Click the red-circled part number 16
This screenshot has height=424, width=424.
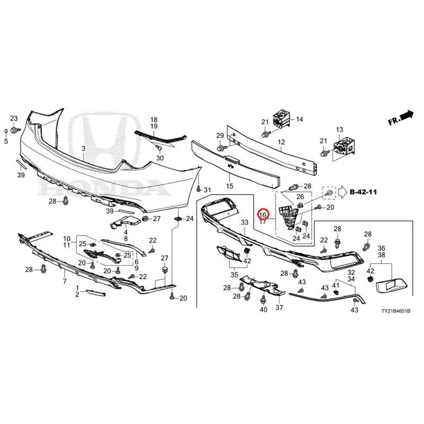[x=263, y=215]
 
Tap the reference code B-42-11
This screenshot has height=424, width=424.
[x=363, y=192]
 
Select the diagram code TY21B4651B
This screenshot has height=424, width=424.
[x=395, y=311]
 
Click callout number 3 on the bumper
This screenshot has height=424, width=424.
[x=84, y=148]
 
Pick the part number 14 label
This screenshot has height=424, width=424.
[x=299, y=119]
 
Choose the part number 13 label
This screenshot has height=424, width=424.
[x=339, y=129]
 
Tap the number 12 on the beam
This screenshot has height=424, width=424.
[x=281, y=142]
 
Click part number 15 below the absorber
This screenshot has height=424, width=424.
[x=229, y=186]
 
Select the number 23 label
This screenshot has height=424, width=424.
[x=14, y=118]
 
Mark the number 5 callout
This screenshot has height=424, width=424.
[x=6, y=141]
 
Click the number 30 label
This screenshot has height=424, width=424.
[x=160, y=157]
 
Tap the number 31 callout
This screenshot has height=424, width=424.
[x=207, y=190]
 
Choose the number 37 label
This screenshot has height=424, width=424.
[x=279, y=307]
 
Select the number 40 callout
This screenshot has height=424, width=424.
[x=263, y=309]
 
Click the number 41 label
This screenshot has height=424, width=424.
[x=335, y=285]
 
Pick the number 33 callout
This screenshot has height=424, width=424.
[x=244, y=222]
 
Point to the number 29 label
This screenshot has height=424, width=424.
[x=220, y=135]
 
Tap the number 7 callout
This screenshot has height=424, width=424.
[x=65, y=281]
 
